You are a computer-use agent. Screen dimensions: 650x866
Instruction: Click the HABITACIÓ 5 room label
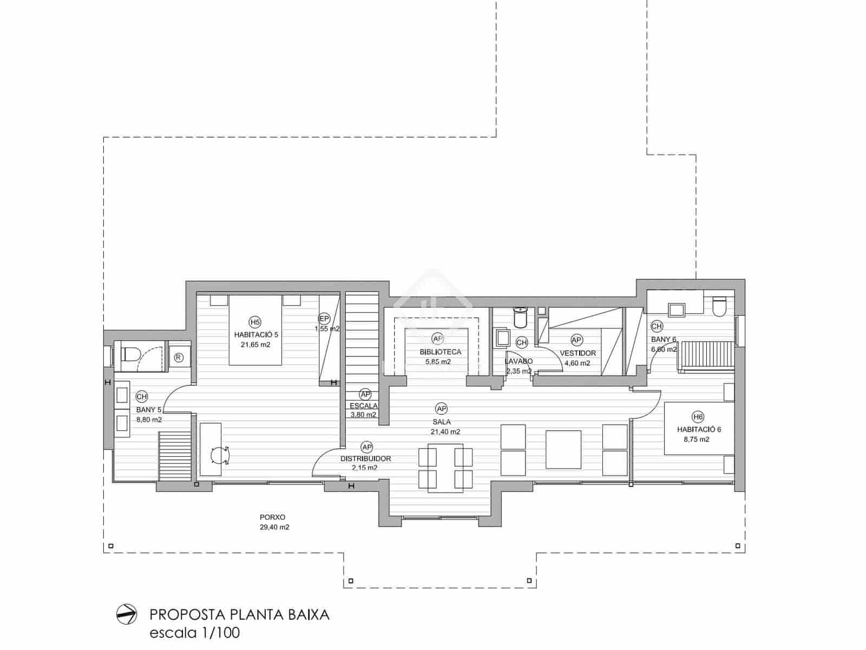pos(256,335)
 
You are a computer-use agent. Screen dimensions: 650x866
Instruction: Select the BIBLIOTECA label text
pos(441,352)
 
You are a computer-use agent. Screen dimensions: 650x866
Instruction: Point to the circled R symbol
pos(179,357)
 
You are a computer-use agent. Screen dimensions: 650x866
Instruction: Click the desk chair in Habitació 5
pos(220,455)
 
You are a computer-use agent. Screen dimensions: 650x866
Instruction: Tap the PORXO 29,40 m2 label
pos(274,522)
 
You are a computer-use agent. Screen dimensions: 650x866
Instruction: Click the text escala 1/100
pos(194,633)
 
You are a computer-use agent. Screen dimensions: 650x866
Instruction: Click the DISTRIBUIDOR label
pos(365,459)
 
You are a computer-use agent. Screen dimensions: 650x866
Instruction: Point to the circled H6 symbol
pos(698,417)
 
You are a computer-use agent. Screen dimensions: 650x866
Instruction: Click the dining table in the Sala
pos(445,467)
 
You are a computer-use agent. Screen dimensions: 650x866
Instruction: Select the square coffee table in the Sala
pos(563,449)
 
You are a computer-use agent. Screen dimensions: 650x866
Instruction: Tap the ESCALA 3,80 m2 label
pos(364,410)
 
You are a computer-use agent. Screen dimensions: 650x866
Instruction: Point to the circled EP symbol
pos(324,318)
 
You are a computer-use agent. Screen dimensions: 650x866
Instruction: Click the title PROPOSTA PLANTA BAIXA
pos(239,615)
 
